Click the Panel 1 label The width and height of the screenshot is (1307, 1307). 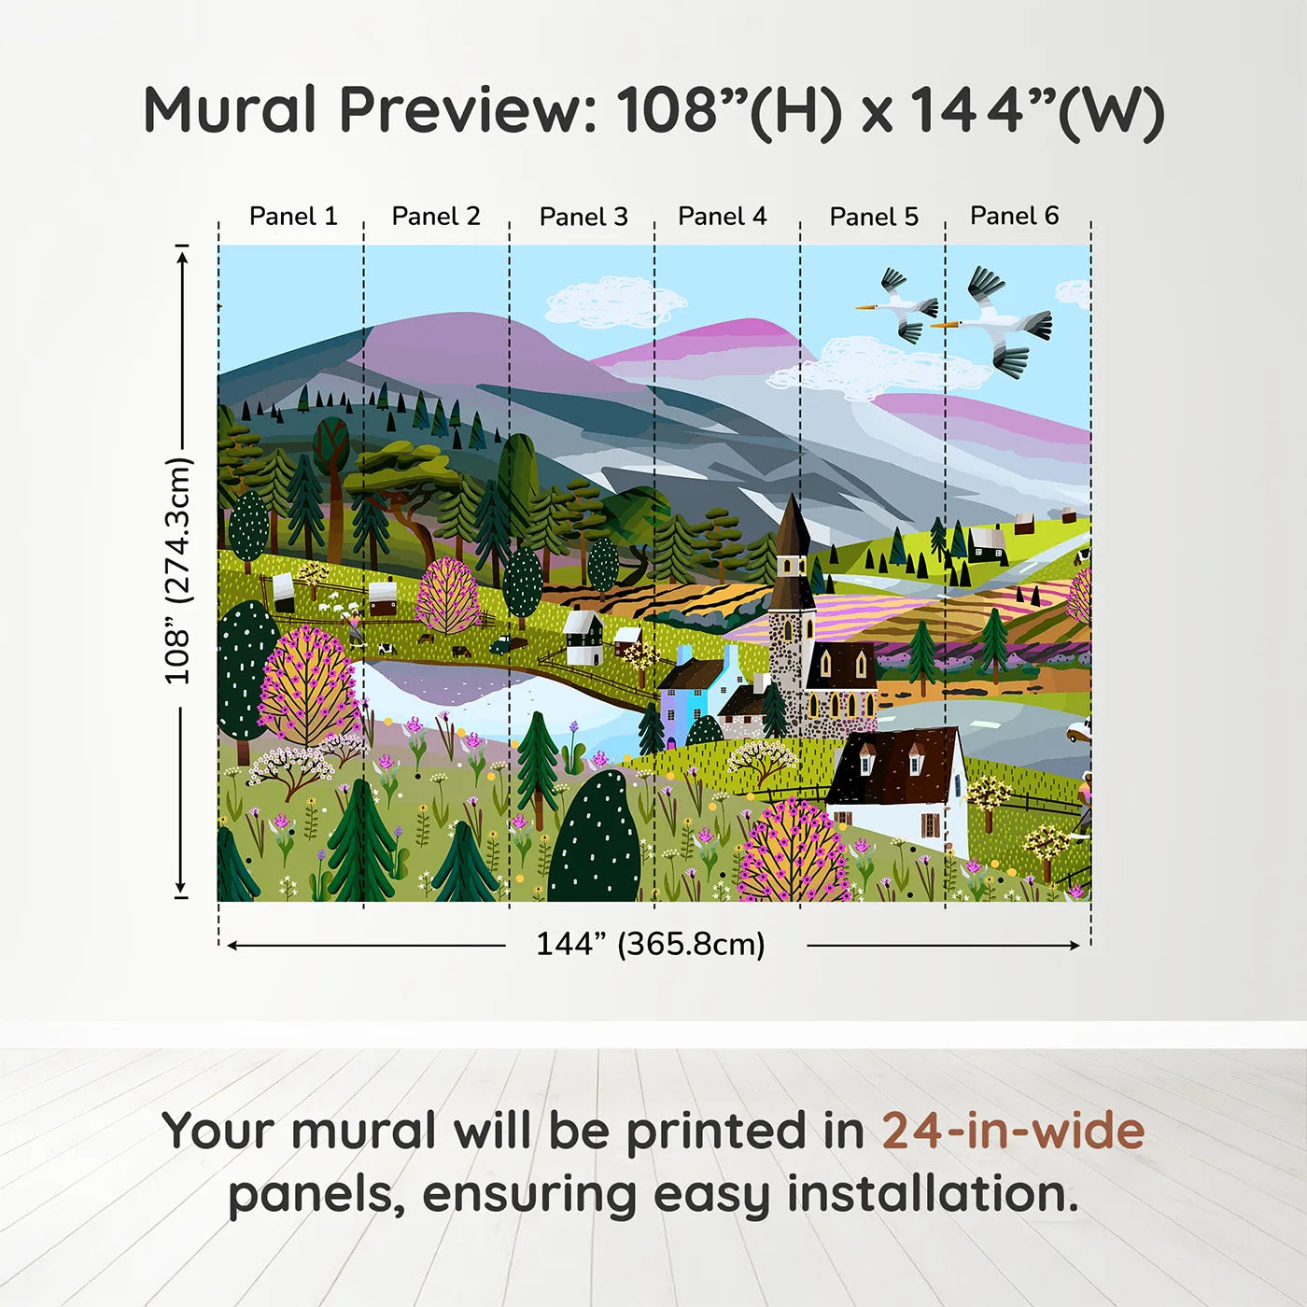pos(292,217)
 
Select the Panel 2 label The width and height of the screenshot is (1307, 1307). pos(435,217)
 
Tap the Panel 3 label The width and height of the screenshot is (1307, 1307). pos(583,218)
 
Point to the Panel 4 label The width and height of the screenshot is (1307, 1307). pos(722,217)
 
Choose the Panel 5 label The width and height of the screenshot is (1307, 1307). pos(874,218)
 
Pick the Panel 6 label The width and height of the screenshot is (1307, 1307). pos(1014,217)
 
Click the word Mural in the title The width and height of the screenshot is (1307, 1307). pos(230,110)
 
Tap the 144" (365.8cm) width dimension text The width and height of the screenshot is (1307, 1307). pos(650,945)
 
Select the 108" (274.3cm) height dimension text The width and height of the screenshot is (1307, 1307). pos(177,570)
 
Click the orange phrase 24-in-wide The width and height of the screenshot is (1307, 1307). pos(1013,1131)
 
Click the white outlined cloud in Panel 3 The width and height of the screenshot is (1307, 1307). pos(611,301)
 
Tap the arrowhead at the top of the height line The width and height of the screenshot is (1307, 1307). pos(183,254)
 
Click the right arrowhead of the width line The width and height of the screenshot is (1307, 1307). pos(1075,946)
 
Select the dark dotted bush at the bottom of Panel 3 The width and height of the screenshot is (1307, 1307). pos(596,840)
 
